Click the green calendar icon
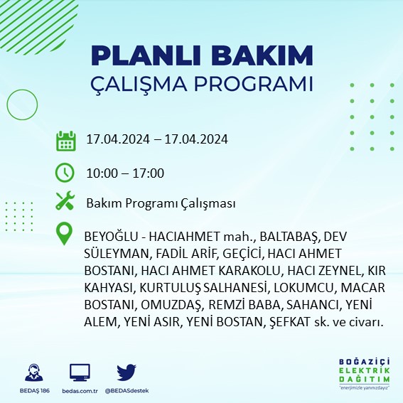pyautogui.click(x=65, y=140)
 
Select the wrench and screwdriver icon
pyautogui.click(x=65, y=202)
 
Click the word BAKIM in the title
pyautogui.click(x=269, y=56)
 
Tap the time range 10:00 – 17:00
pyautogui.click(x=125, y=173)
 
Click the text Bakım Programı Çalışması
pyautogui.click(x=161, y=203)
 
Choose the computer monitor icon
pyautogui.click(x=80, y=372)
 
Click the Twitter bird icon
pyautogui.click(x=127, y=372)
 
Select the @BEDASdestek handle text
pyautogui.click(x=127, y=391)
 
